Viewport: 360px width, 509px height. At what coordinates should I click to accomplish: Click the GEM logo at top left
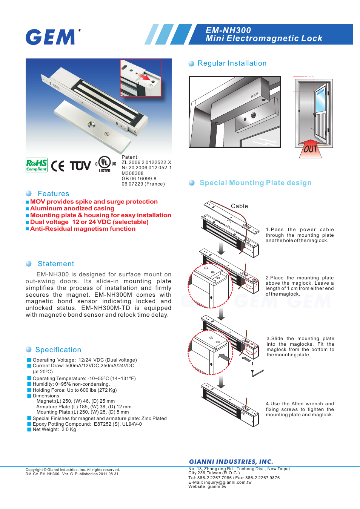(51, 37)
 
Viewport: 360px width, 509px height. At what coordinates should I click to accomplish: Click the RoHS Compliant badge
(37, 165)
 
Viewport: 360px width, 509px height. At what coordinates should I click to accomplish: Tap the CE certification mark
(58, 166)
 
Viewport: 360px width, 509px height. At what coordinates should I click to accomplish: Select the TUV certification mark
(80, 166)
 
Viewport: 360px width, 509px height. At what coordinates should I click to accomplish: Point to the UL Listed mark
(105, 164)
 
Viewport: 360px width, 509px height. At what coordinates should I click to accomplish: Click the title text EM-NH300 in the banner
(228, 30)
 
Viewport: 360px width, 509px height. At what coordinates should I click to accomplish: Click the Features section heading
(53, 194)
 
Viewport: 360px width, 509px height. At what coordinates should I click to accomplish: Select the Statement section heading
(56, 264)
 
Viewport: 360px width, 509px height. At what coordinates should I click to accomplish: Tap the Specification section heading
(58, 350)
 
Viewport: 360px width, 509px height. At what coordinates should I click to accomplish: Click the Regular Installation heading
(232, 63)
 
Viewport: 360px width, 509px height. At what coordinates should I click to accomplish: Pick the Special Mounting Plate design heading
(255, 183)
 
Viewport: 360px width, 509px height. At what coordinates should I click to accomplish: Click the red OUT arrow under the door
(310, 149)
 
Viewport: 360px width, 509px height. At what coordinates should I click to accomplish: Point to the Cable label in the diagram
(239, 206)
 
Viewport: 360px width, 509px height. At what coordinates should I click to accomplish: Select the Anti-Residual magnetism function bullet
(83, 229)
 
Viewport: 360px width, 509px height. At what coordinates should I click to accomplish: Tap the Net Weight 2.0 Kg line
(54, 429)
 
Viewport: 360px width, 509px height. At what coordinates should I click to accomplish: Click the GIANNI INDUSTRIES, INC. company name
(231, 461)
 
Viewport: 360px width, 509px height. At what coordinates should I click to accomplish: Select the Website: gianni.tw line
(207, 487)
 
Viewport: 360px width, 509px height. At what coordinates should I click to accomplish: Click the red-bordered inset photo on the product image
(140, 78)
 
